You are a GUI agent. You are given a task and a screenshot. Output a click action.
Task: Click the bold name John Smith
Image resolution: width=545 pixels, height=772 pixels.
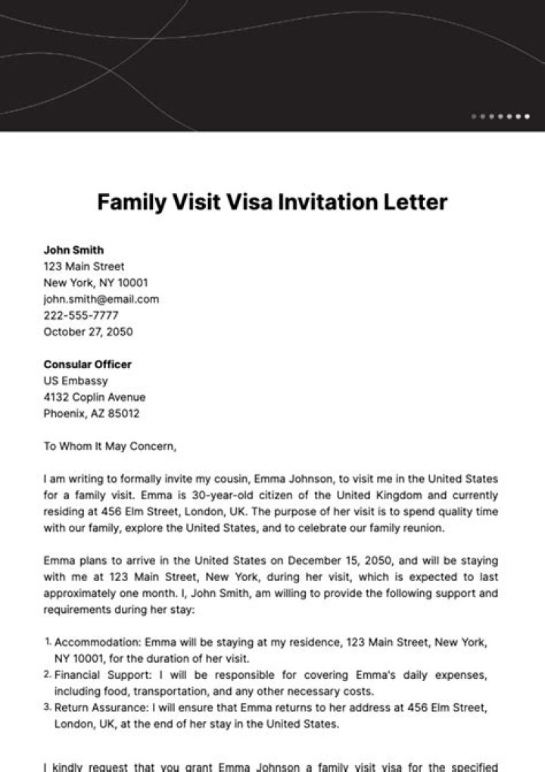[73, 250]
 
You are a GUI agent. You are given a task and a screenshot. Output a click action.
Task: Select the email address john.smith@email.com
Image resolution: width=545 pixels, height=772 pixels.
[101, 298]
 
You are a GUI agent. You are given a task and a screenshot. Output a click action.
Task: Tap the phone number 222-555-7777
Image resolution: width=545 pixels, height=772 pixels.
[81, 315]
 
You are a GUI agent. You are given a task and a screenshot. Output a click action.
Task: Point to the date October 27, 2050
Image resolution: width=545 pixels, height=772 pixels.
[88, 332]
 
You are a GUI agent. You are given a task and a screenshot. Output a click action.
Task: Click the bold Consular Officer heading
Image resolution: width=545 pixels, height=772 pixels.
[87, 364]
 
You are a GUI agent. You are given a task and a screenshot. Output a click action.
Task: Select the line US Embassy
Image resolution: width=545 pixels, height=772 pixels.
[76, 381]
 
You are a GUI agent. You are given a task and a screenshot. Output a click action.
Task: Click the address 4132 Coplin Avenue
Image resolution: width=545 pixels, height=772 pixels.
[94, 397]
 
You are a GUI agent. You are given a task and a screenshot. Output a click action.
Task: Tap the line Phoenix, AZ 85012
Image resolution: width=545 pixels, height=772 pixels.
[91, 414]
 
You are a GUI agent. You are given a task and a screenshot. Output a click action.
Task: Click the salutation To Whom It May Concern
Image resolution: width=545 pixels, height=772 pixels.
[109, 446]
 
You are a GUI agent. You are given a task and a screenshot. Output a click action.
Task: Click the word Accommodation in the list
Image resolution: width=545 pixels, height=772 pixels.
[97, 642]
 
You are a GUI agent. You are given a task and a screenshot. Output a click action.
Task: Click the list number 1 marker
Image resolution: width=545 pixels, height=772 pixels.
[48, 642]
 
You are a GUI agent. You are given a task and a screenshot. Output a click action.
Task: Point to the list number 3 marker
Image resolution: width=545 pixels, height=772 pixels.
[48, 708]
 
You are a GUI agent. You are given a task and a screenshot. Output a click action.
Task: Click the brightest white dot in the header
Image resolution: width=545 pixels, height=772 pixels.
[527, 117]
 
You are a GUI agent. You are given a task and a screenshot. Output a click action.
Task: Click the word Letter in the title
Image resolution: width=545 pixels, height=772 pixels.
[416, 202]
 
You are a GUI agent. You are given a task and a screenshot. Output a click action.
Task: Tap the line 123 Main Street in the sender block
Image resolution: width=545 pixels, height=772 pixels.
[84, 267]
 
